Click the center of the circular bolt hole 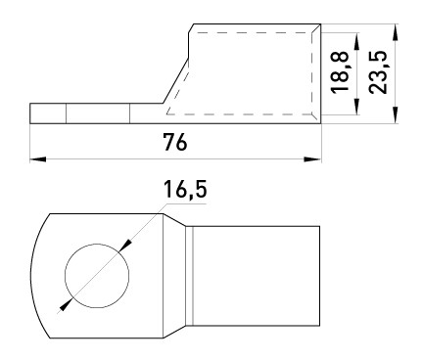tap(97, 269)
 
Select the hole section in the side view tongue tap(97, 113)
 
